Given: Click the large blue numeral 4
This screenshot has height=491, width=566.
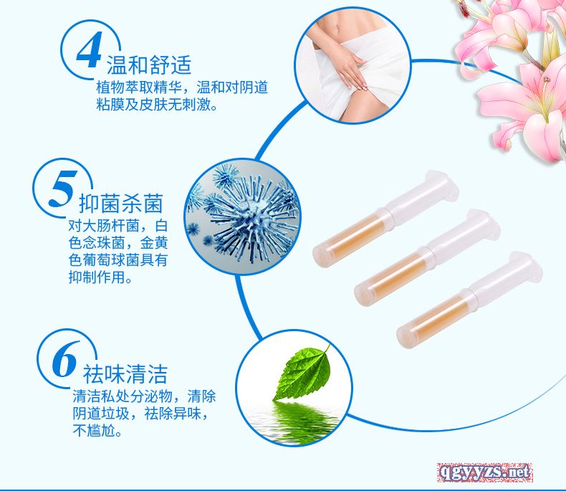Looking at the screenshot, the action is pyautogui.click(x=89, y=50).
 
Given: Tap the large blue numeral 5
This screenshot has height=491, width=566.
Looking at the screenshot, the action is pyautogui.click(x=63, y=189).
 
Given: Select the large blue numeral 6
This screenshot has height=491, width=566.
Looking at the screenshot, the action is pyautogui.click(x=65, y=359).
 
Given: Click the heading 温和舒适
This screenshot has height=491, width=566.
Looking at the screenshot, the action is pyautogui.click(x=149, y=65).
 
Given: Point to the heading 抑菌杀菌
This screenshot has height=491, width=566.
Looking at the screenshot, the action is pyautogui.click(x=121, y=204).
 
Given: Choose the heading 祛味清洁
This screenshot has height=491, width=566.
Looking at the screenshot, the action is pyautogui.click(x=125, y=374).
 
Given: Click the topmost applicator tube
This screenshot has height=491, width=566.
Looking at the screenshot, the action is pyautogui.click(x=385, y=219).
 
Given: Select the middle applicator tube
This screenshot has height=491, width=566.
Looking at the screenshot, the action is pyautogui.click(x=427, y=258).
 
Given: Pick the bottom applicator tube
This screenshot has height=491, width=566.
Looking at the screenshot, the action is pyautogui.click(x=469, y=300).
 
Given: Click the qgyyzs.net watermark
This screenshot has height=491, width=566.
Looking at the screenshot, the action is pyautogui.click(x=484, y=472).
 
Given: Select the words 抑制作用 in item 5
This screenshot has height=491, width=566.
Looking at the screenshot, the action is pyautogui.click(x=97, y=277).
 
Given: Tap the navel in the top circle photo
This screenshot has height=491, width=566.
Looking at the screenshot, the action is pyautogui.click(x=337, y=27).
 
